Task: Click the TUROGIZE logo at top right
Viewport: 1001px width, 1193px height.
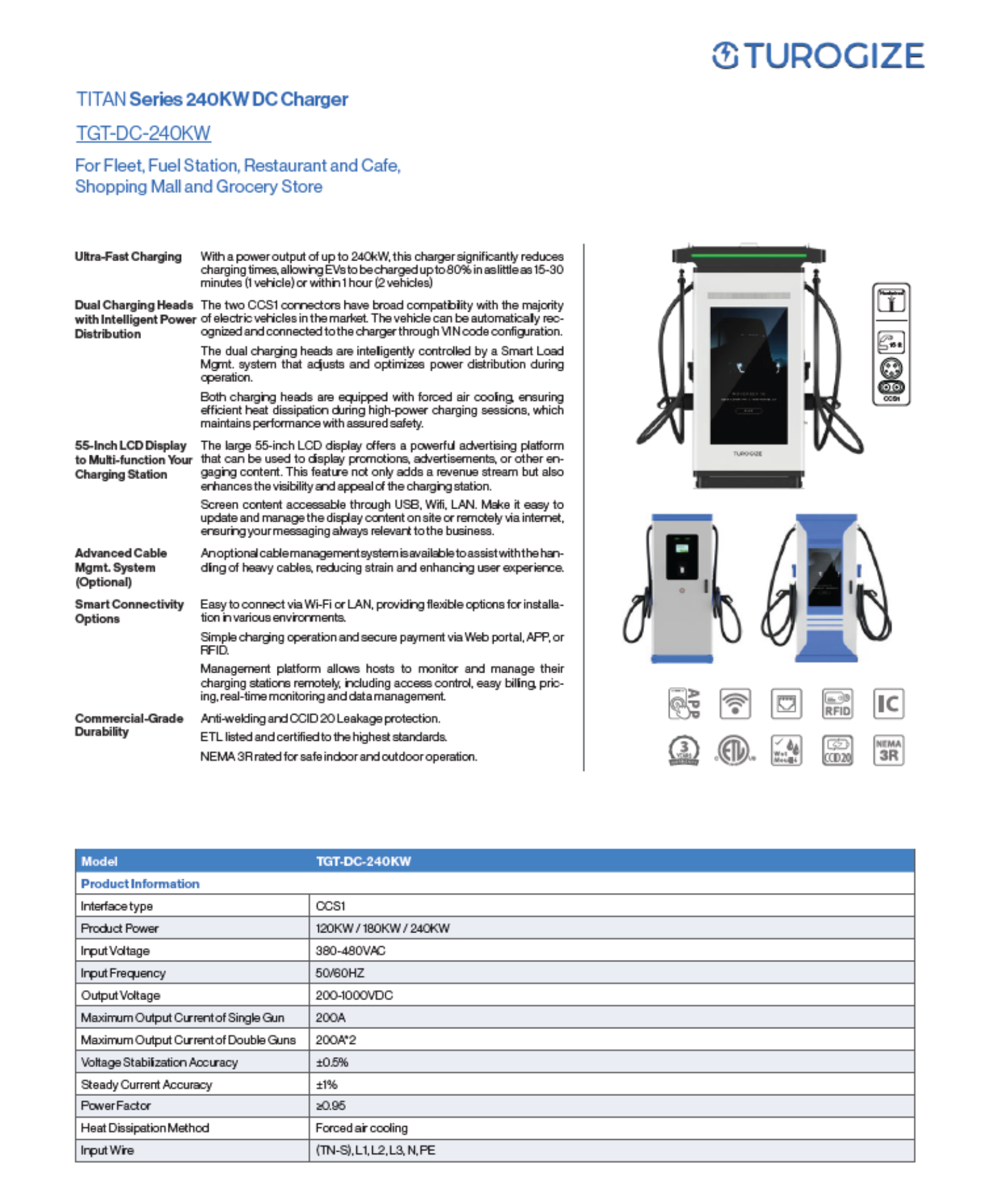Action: coord(817,56)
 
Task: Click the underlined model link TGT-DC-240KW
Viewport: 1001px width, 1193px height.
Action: coord(143,133)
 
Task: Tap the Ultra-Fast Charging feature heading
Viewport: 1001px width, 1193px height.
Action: coord(128,257)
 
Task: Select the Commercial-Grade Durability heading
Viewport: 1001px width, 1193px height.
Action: coord(128,725)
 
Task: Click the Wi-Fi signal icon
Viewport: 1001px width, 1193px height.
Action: coord(735,703)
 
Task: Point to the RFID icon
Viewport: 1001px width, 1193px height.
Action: coord(837,703)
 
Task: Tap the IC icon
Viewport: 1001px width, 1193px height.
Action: coord(888,703)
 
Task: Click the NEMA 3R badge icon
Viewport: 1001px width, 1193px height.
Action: coord(888,750)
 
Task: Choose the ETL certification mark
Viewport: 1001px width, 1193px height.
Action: coord(735,750)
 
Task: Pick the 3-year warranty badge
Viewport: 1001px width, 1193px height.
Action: coord(683,750)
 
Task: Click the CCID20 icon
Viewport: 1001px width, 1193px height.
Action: coord(837,750)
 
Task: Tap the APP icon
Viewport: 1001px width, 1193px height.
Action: coord(683,703)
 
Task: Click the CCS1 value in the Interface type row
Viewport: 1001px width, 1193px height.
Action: coord(330,906)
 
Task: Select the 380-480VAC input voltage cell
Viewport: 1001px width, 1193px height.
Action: coord(350,950)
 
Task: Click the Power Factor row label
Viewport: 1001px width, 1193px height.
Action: coord(116,1105)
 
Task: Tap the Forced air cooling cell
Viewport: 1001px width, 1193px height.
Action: coord(361,1128)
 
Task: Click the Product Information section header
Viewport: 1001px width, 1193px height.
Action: coord(140,883)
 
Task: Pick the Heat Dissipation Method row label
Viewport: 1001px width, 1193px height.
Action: coord(145,1128)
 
